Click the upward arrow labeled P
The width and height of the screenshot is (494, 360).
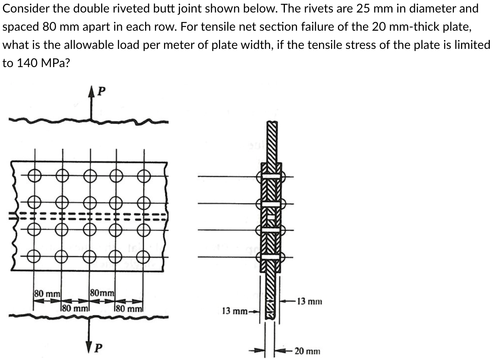[91, 102]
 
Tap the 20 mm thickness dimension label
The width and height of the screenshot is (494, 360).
[307, 351]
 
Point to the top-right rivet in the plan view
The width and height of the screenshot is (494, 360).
[144, 176]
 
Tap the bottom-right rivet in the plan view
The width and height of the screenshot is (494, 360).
[144, 256]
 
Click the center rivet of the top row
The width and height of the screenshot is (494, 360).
[90, 176]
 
